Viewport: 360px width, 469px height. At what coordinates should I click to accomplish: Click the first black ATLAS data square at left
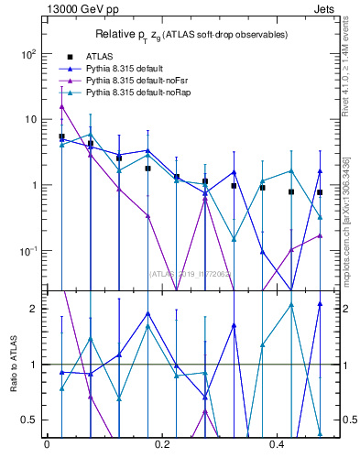(x=61, y=136)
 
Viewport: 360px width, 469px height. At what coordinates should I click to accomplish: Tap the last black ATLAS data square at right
(x=320, y=192)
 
